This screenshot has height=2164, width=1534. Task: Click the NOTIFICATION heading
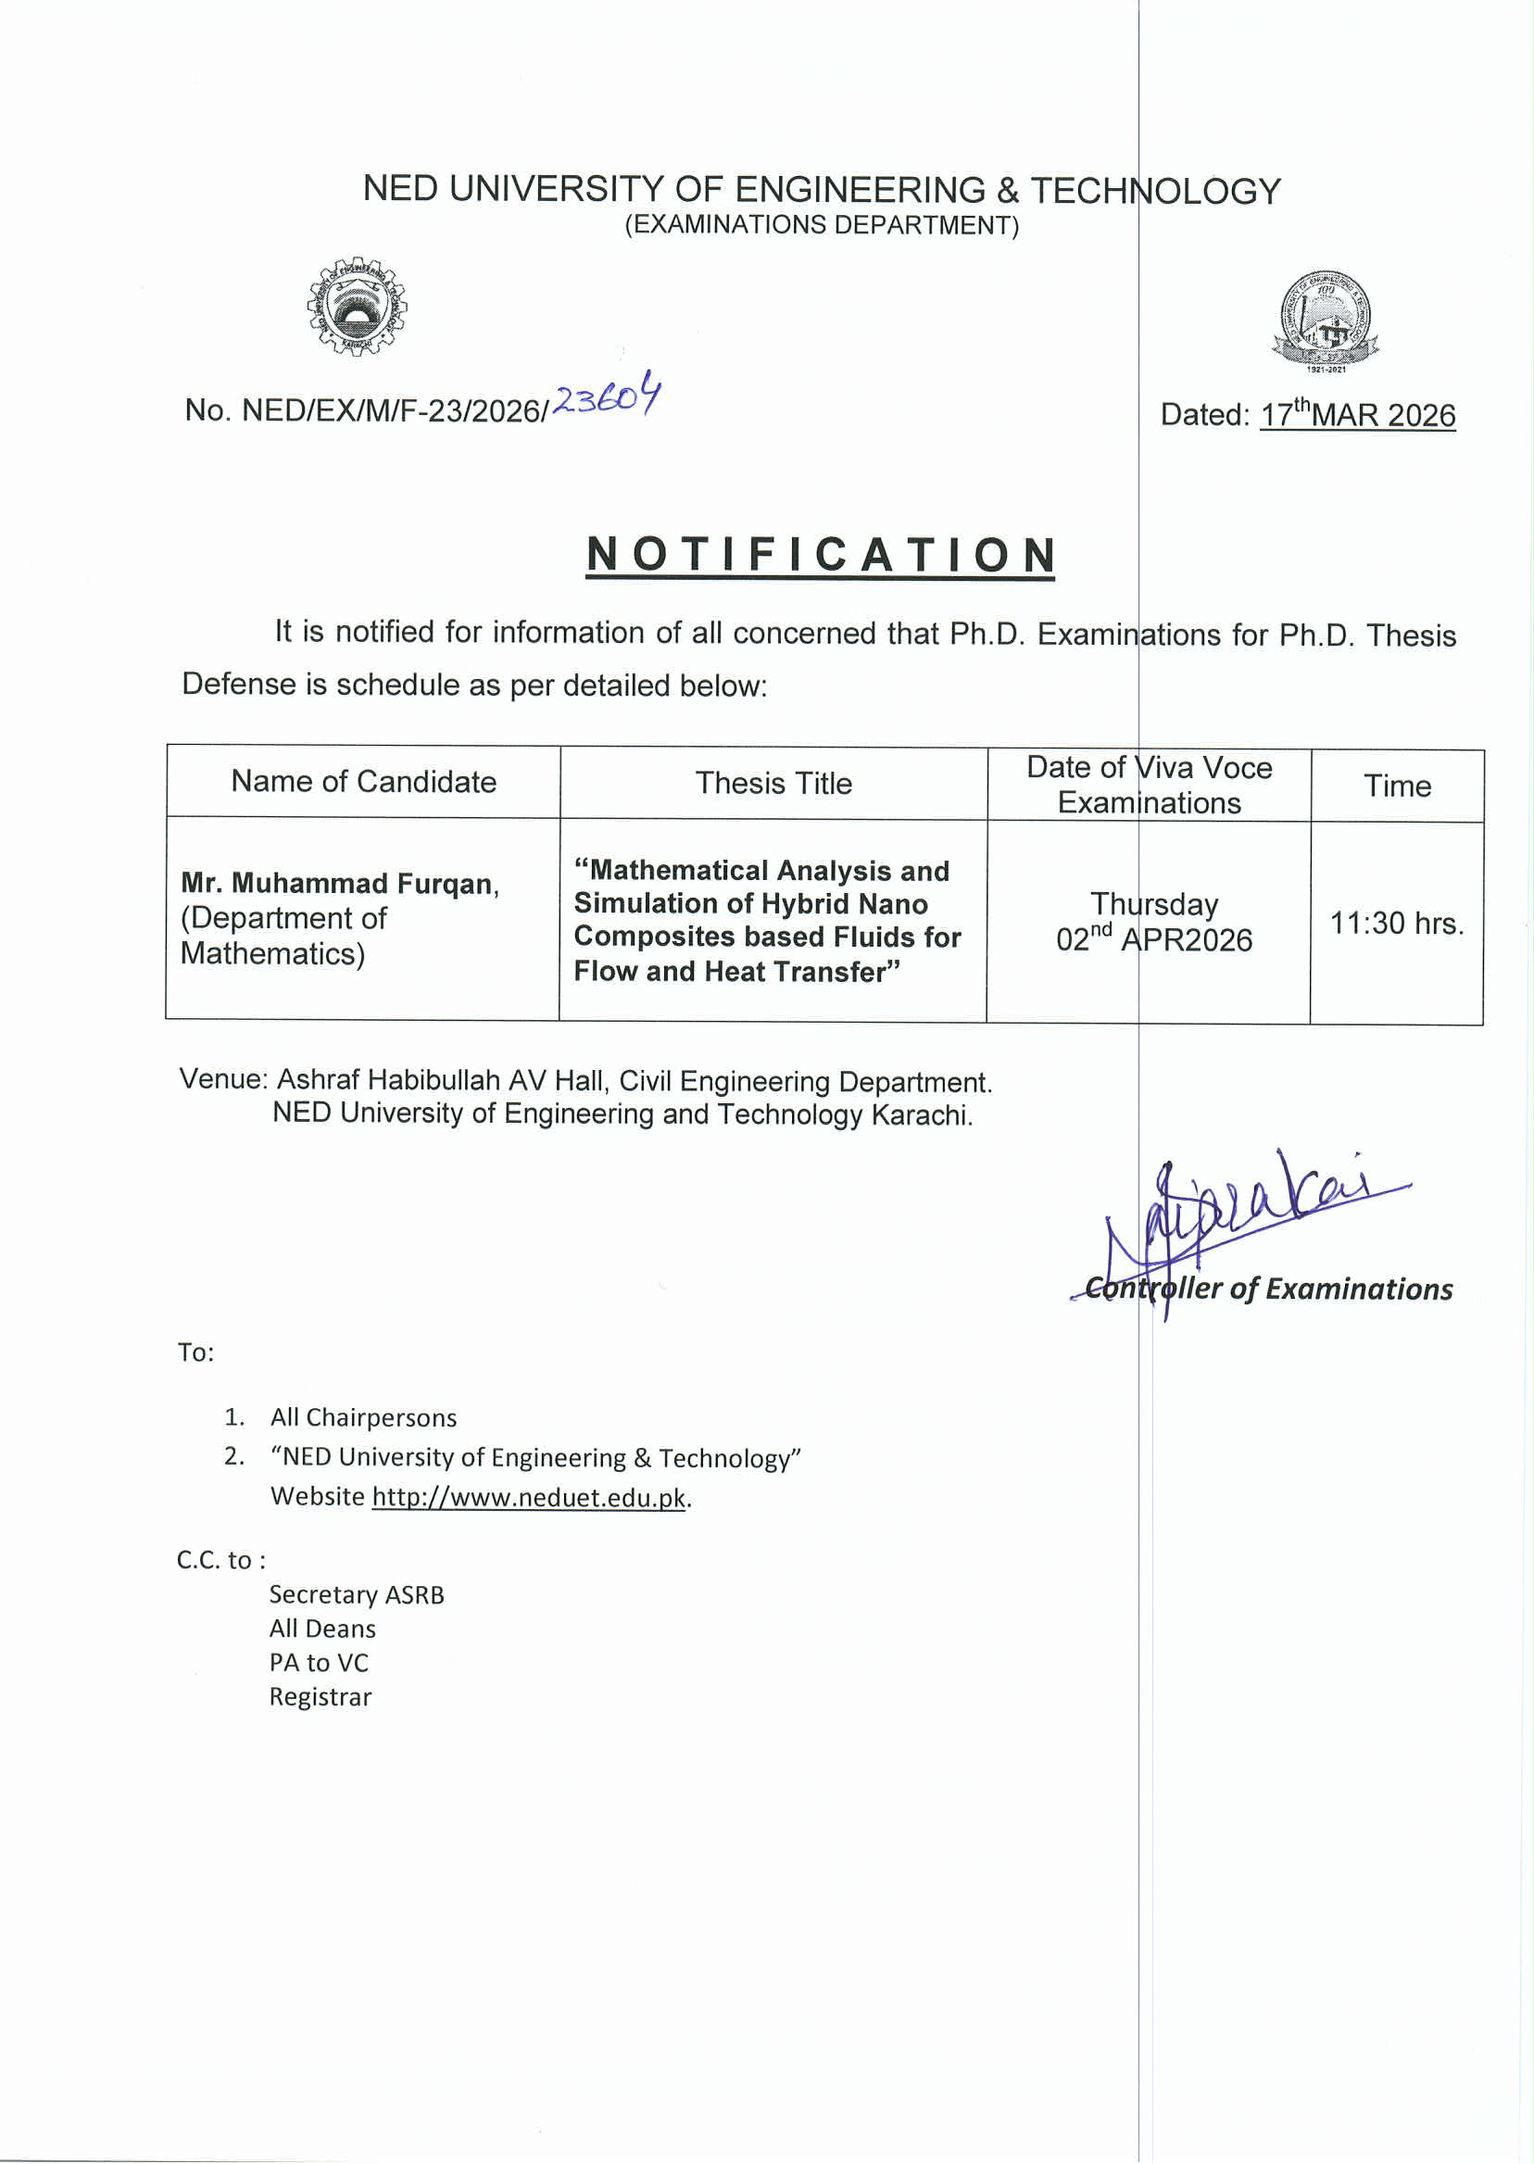pyautogui.click(x=820, y=555)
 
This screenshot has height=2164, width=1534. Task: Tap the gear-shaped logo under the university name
pyautogui.click(x=357, y=306)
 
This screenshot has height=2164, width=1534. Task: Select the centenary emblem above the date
pyautogui.click(x=1326, y=321)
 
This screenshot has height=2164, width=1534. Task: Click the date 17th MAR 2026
pyautogui.click(x=1357, y=415)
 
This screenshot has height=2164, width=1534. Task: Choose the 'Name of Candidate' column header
pyautogui.click(x=364, y=781)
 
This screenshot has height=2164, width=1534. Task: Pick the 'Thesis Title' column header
pyautogui.click(x=773, y=783)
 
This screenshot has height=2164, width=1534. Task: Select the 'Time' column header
pyautogui.click(x=1397, y=786)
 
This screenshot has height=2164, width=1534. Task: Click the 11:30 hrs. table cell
pyautogui.click(x=1397, y=923)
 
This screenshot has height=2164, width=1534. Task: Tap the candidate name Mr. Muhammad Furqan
pyautogui.click(x=339, y=883)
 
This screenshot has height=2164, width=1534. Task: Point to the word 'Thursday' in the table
pyautogui.click(x=1154, y=904)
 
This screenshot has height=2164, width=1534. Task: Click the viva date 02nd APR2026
pyautogui.click(x=1154, y=940)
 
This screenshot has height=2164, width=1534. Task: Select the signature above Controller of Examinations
pyautogui.click(x=1247, y=1214)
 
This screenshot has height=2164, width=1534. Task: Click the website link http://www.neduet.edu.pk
pyautogui.click(x=528, y=1497)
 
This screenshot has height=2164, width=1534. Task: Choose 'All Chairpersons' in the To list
pyautogui.click(x=364, y=1416)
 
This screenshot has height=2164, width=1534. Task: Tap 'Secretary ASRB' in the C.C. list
pyautogui.click(x=356, y=1594)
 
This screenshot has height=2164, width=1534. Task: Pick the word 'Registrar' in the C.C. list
pyautogui.click(x=321, y=1696)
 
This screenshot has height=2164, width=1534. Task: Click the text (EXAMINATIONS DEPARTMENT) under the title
pyautogui.click(x=822, y=225)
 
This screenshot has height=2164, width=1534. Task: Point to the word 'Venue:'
pyautogui.click(x=224, y=1078)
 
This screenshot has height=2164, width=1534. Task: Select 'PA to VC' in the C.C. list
pyautogui.click(x=319, y=1663)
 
